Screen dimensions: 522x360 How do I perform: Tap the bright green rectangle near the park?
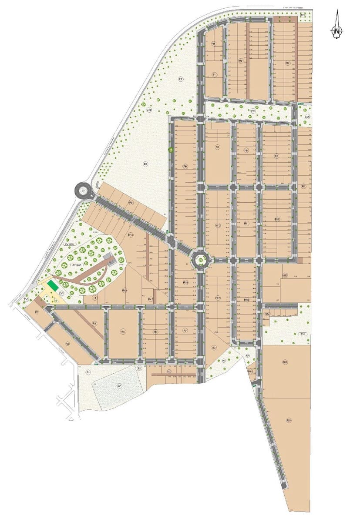point(53,286)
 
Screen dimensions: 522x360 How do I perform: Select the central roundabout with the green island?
point(200,260)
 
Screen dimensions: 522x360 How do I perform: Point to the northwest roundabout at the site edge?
point(81,190)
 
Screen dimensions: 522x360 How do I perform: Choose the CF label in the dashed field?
point(119,386)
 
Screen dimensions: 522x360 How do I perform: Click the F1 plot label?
point(88,372)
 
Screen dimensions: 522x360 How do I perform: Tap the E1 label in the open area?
point(181,79)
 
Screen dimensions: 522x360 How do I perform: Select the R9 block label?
point(130,203)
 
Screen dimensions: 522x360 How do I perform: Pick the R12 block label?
point(277,219)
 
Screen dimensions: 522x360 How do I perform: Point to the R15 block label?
point(185,282)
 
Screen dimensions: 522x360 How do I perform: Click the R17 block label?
point(218,298)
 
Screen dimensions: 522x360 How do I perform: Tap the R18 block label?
point(246,300)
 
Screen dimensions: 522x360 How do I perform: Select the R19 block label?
point(285,275)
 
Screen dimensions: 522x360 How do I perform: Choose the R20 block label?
point(285,362)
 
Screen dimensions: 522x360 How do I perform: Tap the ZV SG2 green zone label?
point(70,245)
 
